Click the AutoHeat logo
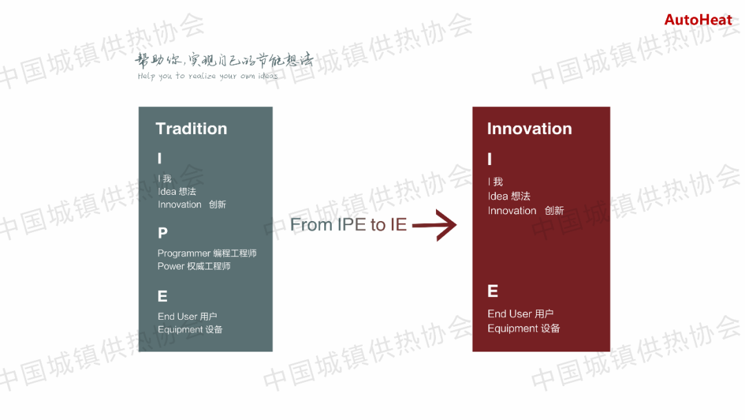click(698, 20)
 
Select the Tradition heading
click(192, 128)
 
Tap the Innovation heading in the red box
click(529, 128)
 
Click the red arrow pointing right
click(435, 225)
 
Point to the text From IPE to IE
click(348, 225)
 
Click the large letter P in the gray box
click(163, 233)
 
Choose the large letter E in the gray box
click(163, 296)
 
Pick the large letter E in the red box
click(493, 291)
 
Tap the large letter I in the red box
click(490, 159)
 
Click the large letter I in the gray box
click(159, 158)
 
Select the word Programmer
click(184, 254)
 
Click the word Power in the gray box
click(170, 267)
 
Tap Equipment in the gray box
click(180, 330)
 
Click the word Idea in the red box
click(498, 196)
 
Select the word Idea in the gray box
click(167, 191)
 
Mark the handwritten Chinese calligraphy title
click(223, 60)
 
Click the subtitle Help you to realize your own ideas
click(208, 76)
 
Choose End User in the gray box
click(177, 316)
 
